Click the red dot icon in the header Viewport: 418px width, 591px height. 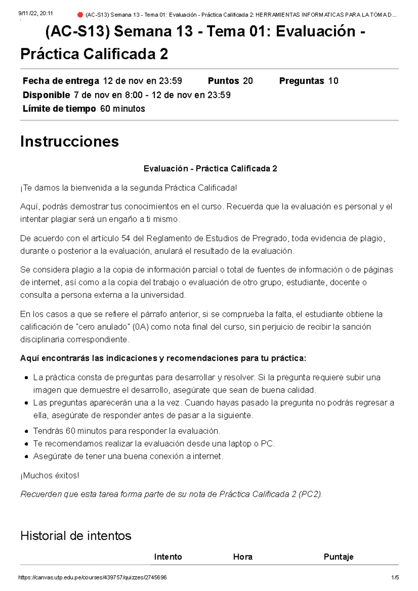(x=80, y=15)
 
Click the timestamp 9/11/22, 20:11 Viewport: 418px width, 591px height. (x=35, y=13)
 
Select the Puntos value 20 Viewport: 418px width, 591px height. (x=248, y=81)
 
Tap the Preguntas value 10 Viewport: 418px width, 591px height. (x=333, y=81)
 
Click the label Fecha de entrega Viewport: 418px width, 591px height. (x=61, y=81)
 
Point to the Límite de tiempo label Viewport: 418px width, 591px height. (x=59, y=109)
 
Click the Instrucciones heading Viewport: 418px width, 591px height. (x=69, y=142)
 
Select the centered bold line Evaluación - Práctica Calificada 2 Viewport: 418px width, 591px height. (x=210, y=169)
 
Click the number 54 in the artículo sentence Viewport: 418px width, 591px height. (x=126, y=238)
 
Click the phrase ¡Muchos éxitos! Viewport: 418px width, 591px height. (x=50, y=475)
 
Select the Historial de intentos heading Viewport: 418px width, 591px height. (x=76, y=536)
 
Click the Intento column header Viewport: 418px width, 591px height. (x=168, y=557)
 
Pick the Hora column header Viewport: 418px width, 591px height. (x=243, y=557)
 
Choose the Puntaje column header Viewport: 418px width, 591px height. (x=338, y=557)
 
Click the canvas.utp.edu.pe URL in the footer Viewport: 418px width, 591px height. (x=92, y=577)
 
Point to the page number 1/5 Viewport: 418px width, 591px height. (x=395, y=577)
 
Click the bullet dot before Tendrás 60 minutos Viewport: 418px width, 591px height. (x=26, y=431)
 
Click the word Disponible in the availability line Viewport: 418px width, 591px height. (x=46, y=95)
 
